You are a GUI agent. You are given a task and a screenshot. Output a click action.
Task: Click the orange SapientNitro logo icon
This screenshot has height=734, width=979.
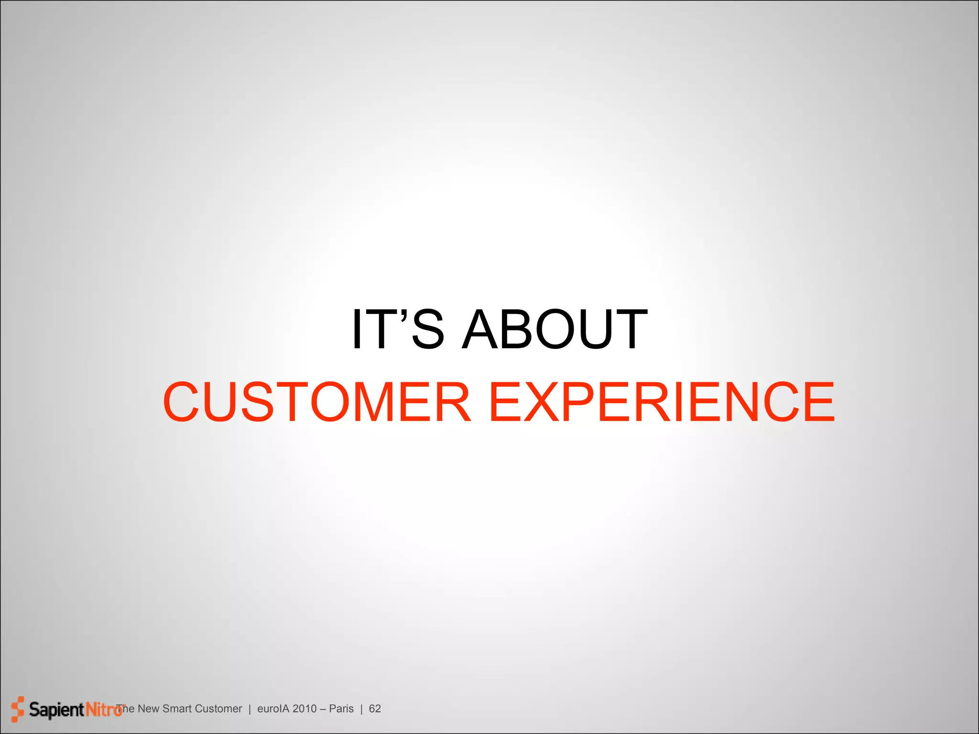[x=17, y=709]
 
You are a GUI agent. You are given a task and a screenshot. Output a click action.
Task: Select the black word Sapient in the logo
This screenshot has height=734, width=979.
[x=56, y=710]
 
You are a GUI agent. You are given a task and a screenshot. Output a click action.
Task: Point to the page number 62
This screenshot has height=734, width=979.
[x=375, y=709]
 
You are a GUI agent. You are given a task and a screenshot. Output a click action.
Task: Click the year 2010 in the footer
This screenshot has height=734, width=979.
[x=305, y=709]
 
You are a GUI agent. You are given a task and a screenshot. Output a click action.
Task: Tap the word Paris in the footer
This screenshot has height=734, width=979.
[x=341, y=709]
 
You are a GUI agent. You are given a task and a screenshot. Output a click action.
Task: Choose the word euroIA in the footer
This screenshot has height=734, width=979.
[x=273, y=709]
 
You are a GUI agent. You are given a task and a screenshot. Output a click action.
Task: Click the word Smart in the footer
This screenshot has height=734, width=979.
[x=177, y=709]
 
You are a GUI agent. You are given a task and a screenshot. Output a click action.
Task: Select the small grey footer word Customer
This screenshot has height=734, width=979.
[x=218, y=709]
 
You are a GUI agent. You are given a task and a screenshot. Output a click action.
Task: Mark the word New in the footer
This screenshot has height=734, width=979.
[x=148, y=709]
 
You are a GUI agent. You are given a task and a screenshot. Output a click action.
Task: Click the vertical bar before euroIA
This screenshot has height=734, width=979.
[x=250, y=709]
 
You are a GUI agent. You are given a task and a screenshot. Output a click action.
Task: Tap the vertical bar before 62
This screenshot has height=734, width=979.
[x=361, y=709]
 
